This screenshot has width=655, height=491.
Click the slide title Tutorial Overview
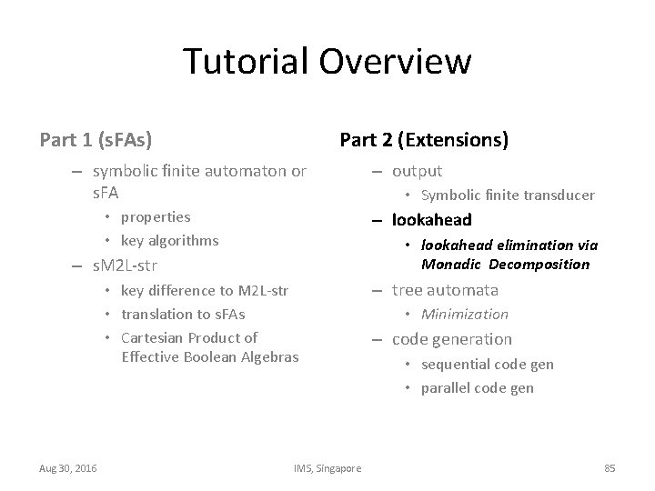click(x=327, y=62)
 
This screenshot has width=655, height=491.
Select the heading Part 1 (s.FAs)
click(x=96, y=140)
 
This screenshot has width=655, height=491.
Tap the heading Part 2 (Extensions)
click(x=423, y=140)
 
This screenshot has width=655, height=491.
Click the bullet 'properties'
click(x=156, y=217)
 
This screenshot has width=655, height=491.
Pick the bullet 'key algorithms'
click(x=169, y=241)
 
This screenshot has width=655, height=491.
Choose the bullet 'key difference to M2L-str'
click(x=204, y=291)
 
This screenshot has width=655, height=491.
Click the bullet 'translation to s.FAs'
click(x=183, y=315)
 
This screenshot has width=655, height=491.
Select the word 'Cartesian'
click(x=151, y=338)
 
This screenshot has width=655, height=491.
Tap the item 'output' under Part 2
click(x=417, y=171)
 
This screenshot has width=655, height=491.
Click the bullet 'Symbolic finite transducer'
click(x=508, y=195)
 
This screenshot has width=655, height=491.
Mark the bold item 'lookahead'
click(x=431, y=220)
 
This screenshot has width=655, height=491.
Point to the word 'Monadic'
click(x=451, y=265)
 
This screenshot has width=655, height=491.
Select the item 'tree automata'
click(x=445, y=290)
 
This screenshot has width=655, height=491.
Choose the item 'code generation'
click(x=451, y=339)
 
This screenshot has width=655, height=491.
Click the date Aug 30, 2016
click(x=69, y=468)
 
